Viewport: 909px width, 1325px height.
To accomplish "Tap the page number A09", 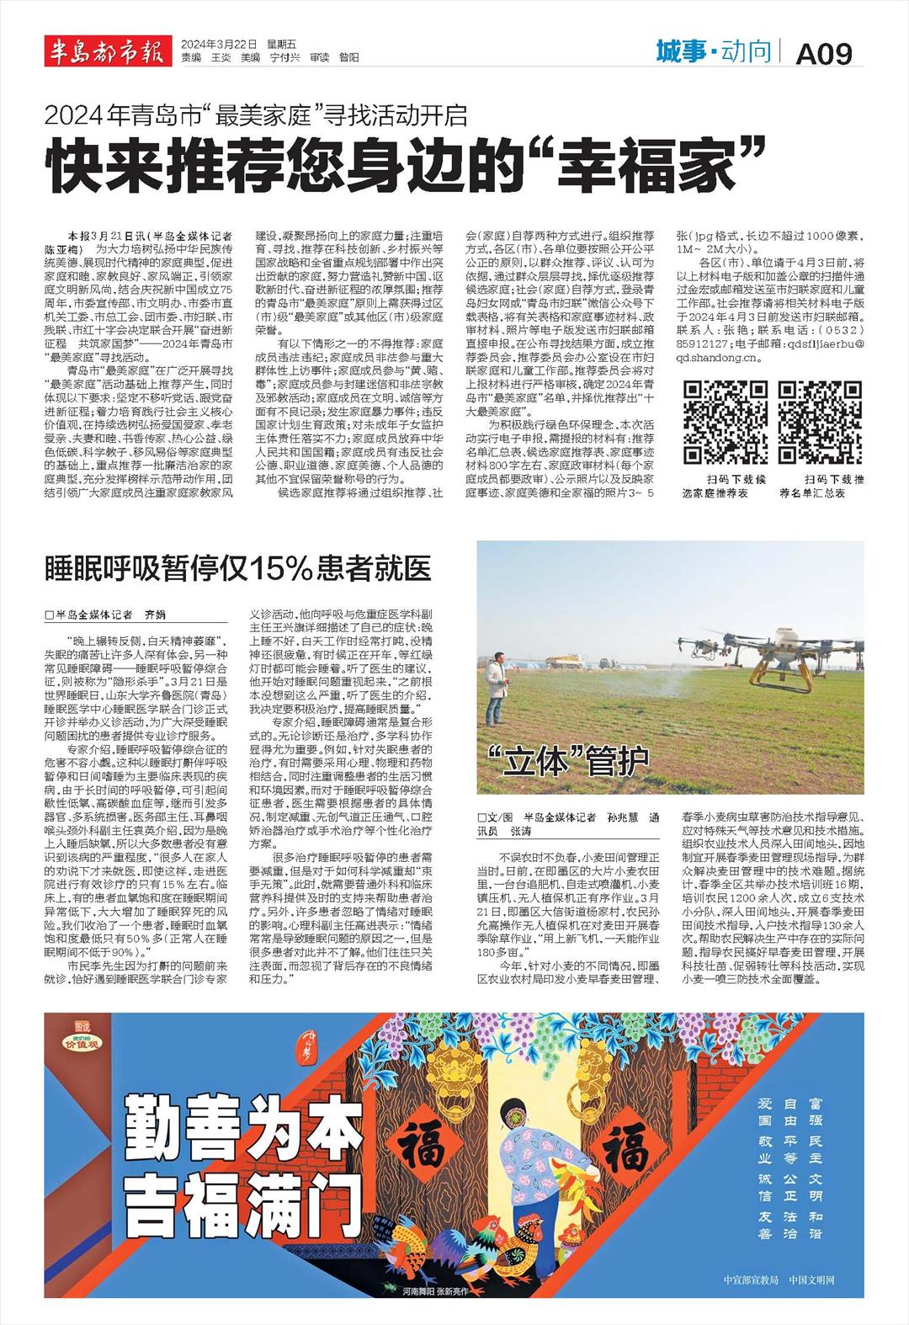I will pyautogui.click(x=824, y=53).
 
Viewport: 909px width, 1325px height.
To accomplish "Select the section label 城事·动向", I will pyautogui.click(x=713, y=52).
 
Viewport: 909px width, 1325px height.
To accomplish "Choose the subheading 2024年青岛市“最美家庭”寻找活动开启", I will pyautogui.click(x=256, y=114).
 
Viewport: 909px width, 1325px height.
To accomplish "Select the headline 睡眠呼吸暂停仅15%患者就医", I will pyautogui.click(x=238, y=570).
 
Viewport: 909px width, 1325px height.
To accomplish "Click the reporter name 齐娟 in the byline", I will pyautogui.click(x=156, y=615).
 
